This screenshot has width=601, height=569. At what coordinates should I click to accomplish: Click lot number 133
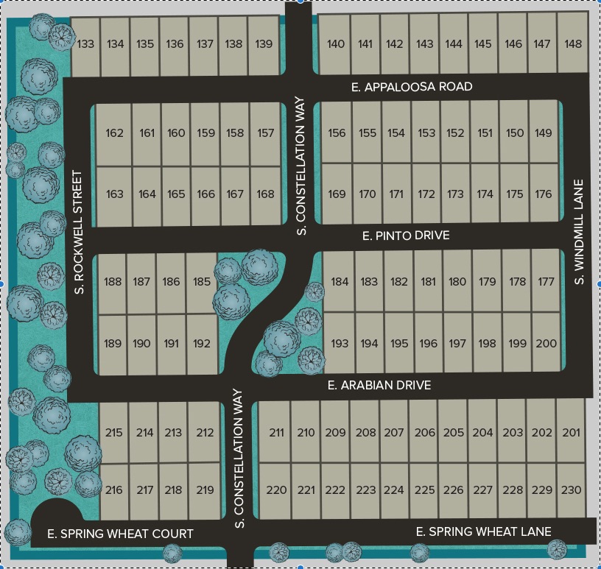pyautogui.click(x=86, y=44)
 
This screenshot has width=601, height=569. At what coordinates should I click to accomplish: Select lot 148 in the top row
pyautogui.click(x=572, y=44)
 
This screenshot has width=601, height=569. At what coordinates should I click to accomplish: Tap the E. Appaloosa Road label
pyautogui.click(x=412, y=87)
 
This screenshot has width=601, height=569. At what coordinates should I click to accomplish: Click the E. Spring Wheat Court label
pyautogui.click(x=120, y=534)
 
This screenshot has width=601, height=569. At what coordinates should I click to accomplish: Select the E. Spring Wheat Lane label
pyautogui.click(x=483, y=531)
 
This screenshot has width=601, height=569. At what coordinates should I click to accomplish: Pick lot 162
pyautogui.click(x=114, y=133)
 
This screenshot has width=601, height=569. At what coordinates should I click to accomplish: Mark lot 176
pyautogui.click(x=544, y=194)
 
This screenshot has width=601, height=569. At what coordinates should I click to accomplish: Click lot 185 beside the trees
pyautogui.click(x=202, y=281)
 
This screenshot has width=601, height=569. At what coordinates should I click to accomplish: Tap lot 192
pyautogui.click(x=202, y=343)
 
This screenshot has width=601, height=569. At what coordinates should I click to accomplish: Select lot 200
pyautogui.click(x=546, y=343)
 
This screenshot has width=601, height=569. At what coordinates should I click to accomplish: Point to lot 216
pyautogui.click(x=114, y=490)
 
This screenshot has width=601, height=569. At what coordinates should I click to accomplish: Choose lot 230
pyautogui.click(x=571, y=490)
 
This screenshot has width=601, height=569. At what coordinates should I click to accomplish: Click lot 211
pyautogui.click(x=276, y=432)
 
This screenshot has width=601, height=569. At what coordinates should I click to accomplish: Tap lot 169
pyautogui.click(x=337, y=194)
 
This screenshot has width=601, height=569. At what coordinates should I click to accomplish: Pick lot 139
pyautogui.click(x=264, y=44)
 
